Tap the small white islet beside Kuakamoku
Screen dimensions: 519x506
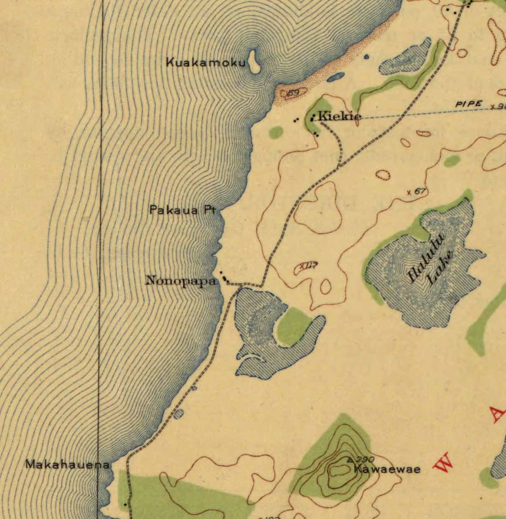(254, 61)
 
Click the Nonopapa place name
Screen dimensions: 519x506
(181, 282)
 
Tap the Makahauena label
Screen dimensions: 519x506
(68, 465)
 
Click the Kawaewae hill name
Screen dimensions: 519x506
(387, 469)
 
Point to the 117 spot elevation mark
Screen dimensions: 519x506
(308, 266)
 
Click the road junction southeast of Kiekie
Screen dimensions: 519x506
(338, 167)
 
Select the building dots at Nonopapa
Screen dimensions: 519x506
(225, 278)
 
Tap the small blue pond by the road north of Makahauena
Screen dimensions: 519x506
(178, 413)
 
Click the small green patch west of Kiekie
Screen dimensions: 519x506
(276, 132)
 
